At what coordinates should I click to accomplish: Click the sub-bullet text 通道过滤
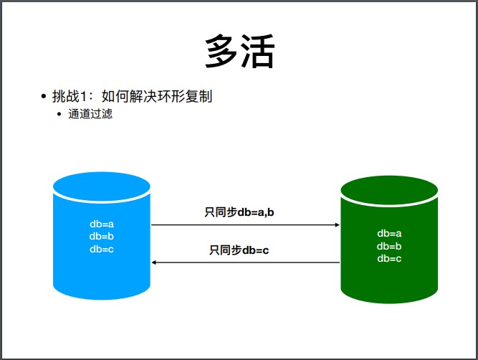90,113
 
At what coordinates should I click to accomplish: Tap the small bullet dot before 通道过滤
59,114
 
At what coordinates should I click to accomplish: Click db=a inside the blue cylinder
102,224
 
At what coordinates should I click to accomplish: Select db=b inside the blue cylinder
102,236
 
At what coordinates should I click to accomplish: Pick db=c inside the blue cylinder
102,249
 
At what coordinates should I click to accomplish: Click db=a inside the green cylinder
389,233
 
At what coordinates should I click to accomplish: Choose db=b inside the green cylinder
389,246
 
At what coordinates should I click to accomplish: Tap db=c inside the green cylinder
389,258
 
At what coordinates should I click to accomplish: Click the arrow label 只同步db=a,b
240,212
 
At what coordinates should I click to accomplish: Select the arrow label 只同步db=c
239,250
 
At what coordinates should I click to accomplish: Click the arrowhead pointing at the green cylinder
337,224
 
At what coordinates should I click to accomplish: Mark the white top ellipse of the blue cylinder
102,186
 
